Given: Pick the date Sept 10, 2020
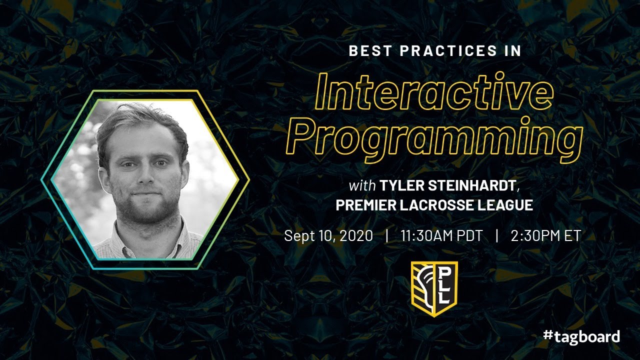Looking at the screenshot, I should coord(328,235).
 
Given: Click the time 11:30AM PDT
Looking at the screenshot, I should coord(441,235).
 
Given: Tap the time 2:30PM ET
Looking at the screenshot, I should coord(545,235).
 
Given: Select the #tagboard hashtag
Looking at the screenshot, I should coord(581,336).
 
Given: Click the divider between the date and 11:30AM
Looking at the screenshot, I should coord(387,235).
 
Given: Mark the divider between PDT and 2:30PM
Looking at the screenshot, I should coord(496,235).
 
